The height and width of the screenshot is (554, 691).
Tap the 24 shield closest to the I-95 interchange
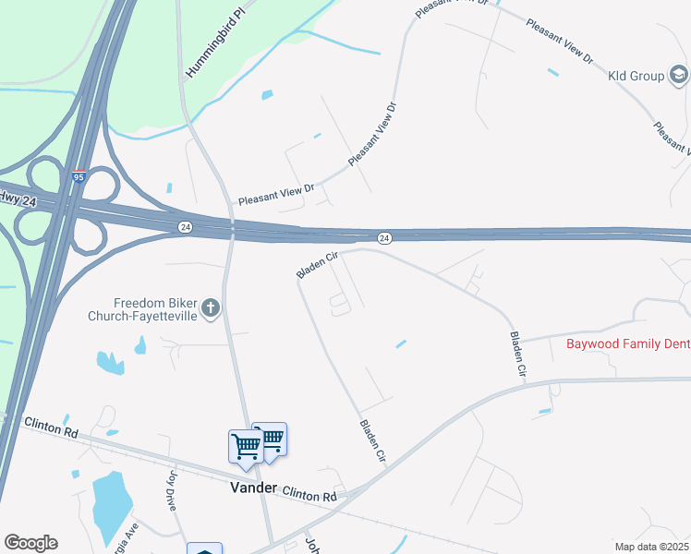click(x=185, y=226)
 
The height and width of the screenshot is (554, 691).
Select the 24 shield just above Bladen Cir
click(x=384, y=238)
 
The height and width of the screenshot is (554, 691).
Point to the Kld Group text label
click(x=636, y=76)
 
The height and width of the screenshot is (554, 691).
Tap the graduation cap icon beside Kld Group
click(x=678, y=75)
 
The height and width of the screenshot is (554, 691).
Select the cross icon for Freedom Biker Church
click(x=211, y=308)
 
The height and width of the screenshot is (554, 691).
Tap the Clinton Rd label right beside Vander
click(x=309, y=496)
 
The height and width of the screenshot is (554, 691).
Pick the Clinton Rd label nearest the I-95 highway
click(x=50, y=426)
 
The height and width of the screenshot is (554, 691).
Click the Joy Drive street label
click(x=172, y=491)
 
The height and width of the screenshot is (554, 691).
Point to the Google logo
click(x=30, y=543)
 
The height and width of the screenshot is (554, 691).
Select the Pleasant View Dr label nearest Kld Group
click(x=559, y=42)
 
